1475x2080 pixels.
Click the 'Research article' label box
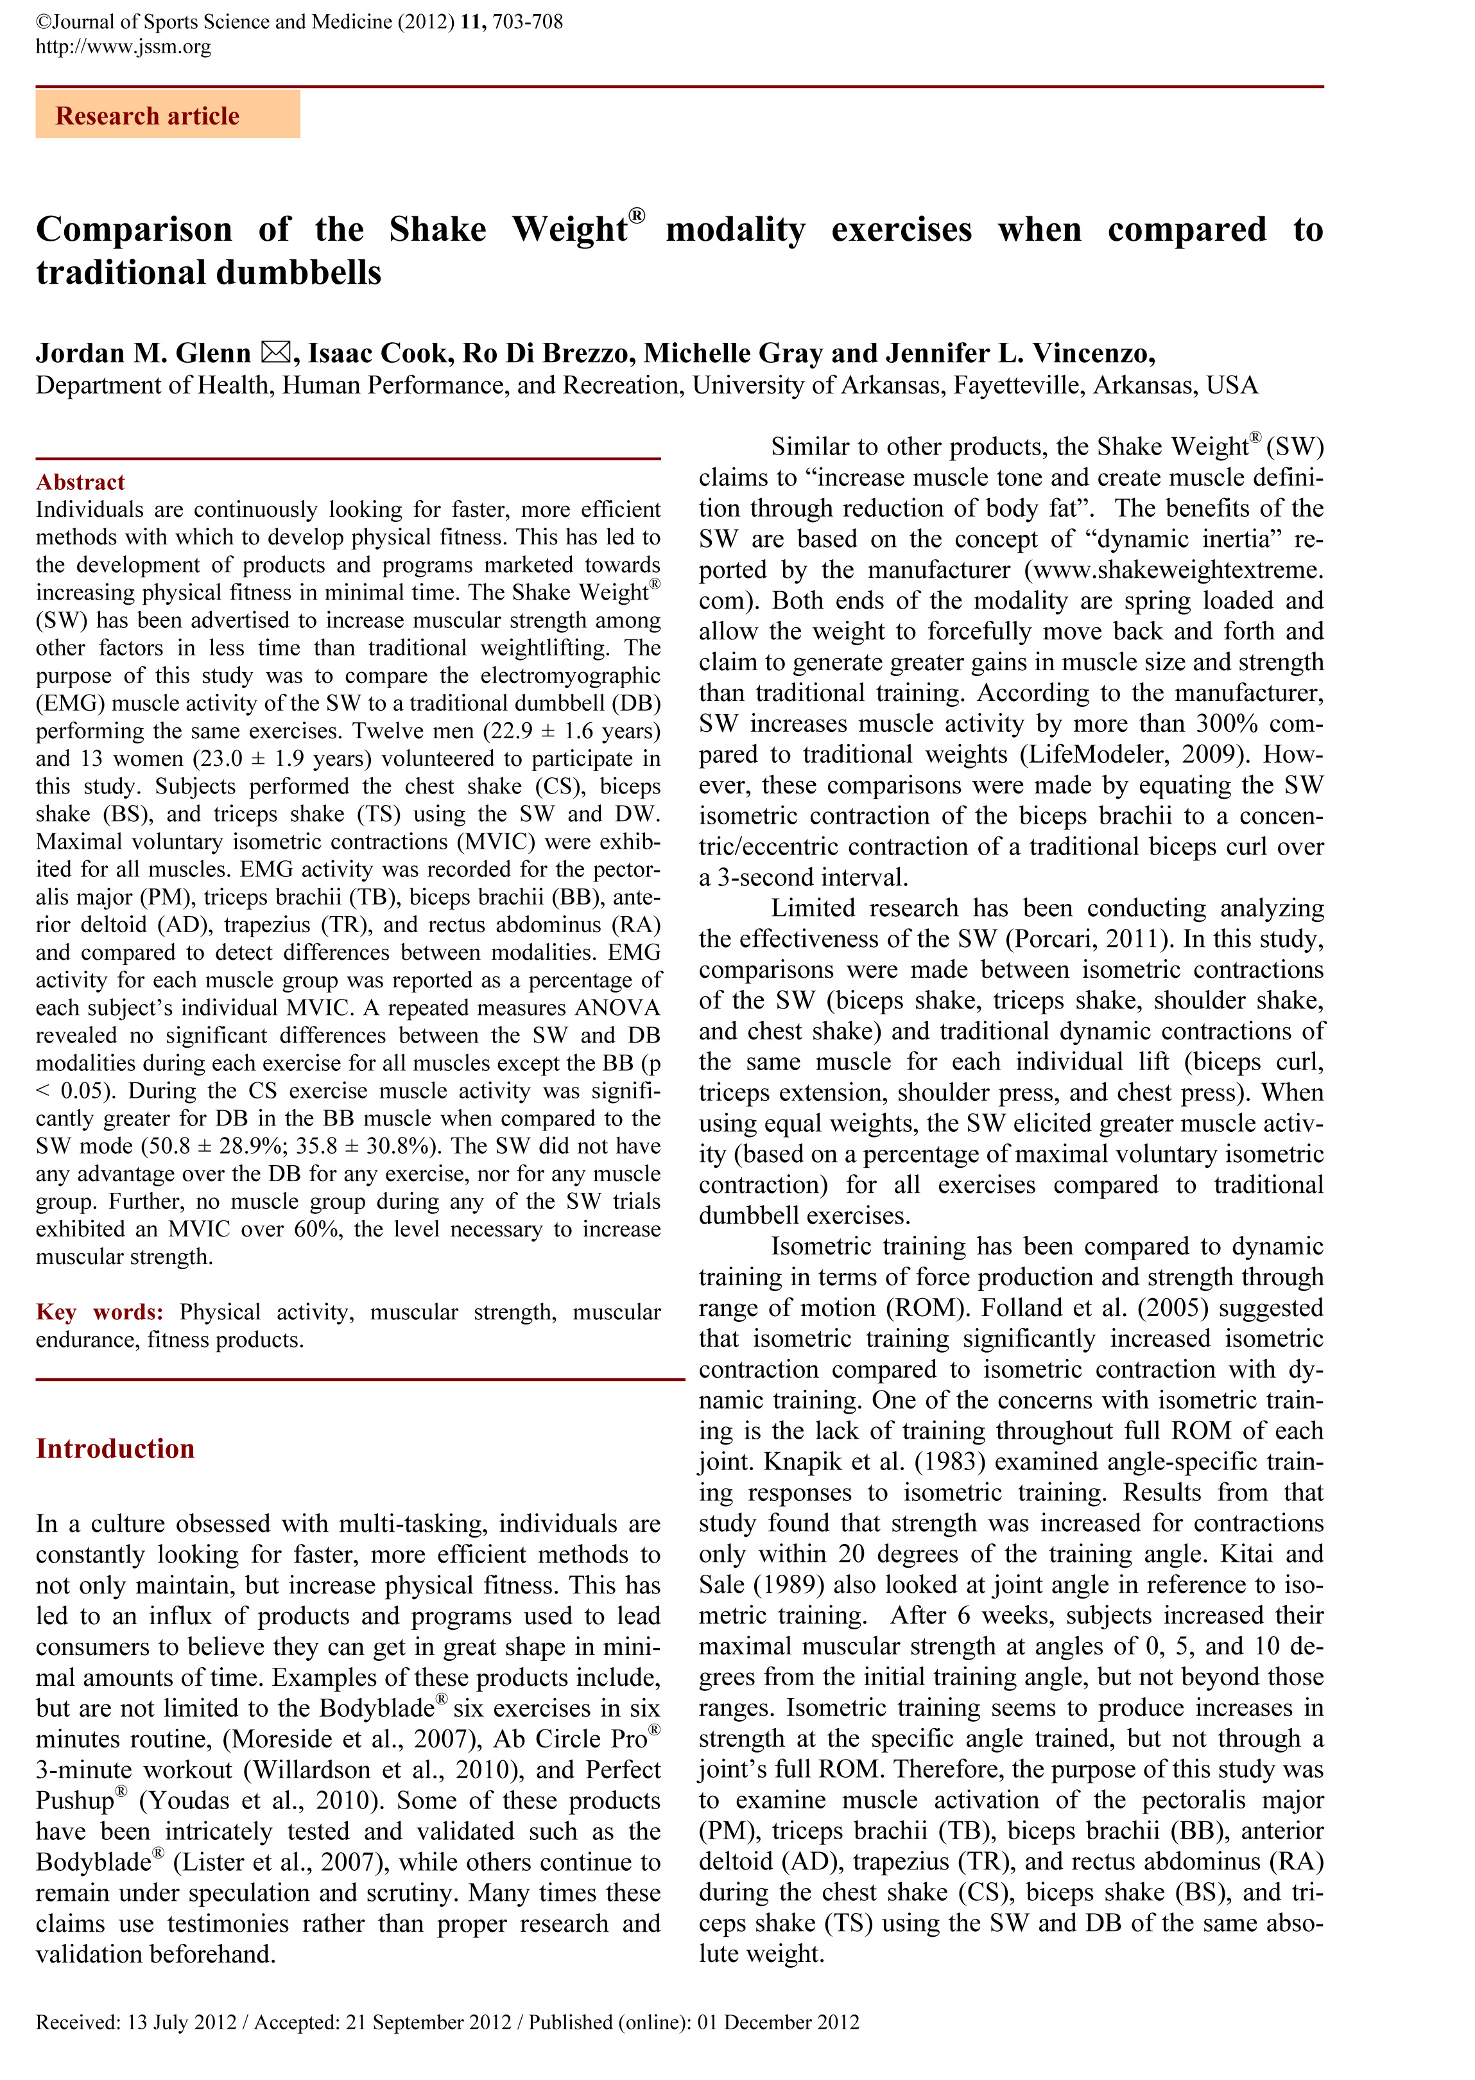click(167, 116)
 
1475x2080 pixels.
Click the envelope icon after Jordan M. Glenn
click(275, 352)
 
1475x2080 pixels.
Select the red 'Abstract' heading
click(80, 481)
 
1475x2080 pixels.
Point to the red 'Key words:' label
click(99, 1312)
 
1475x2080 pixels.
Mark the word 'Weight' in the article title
click(569, 230)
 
